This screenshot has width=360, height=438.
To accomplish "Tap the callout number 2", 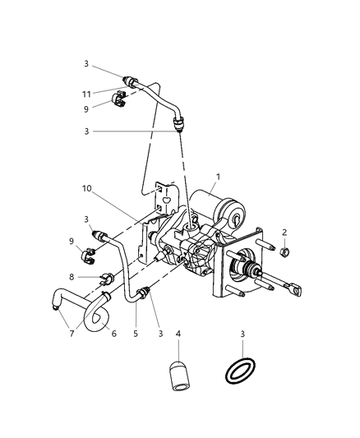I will pyautogui.click(x=285, y=233).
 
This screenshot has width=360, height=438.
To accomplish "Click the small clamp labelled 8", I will pyautogui.click(x=105, y=276).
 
